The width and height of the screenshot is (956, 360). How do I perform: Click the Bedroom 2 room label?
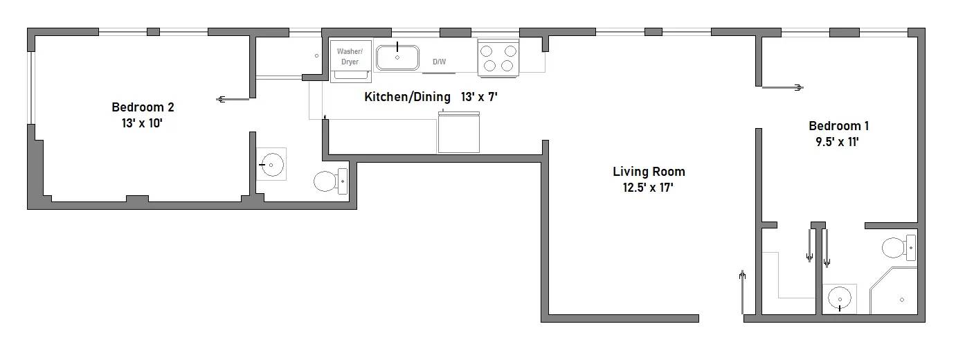143,107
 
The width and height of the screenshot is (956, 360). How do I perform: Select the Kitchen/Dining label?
407,97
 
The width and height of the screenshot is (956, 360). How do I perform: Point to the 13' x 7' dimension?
480,97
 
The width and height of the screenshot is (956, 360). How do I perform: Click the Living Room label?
649,172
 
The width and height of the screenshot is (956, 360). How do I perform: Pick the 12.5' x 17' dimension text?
649,187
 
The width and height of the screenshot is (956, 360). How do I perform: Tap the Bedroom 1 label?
838,126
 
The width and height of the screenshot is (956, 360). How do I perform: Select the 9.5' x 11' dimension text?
838,141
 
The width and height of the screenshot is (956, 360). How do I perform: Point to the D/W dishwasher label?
440,62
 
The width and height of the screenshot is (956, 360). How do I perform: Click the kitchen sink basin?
397,57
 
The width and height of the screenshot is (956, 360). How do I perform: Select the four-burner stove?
498,57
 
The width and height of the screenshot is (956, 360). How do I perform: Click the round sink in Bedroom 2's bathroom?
272,165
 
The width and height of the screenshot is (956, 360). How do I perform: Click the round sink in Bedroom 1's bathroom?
840,299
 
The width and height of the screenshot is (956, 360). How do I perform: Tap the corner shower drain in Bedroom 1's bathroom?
901,300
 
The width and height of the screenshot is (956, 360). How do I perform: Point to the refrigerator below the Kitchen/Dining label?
459,132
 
